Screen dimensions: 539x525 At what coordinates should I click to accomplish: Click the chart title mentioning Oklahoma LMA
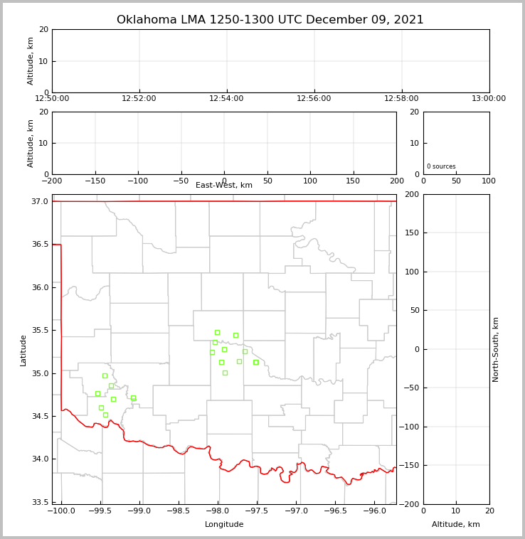pyautogui.click(x=270, y=20)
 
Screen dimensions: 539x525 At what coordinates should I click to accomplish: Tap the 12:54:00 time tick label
pyautogui.click(x=227, y=99)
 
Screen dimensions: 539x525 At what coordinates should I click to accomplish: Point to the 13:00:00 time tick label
pyautogui.click(x=489, y=99)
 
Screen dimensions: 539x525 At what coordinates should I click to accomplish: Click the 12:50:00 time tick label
pyautogui.click(x=52, y=99)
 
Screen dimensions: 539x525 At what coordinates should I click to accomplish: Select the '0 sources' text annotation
pyautogui.click(x=441, y=166)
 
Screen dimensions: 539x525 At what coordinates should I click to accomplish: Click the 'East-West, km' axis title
pyautogui.click(x=224, y=186)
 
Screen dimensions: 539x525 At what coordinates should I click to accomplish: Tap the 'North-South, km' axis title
pyautogui.click(x=496, y=349)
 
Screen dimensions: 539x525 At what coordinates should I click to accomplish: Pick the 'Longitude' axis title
pyautogui.click(x=224, y=525)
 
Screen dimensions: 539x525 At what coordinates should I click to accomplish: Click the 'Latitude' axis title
pyautogui.click(x=23, y=350)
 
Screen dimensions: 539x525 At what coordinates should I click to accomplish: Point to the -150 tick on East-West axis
pyautogui.click(x=95, y=181)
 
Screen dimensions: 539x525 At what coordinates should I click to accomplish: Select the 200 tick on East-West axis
pyautogui.click(x=396, y=181)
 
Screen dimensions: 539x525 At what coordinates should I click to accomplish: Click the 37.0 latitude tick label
pyautogui.click(x=40, y=202)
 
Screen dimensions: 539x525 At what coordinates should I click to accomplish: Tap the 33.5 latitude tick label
pyautogui.click(x=40, y=502)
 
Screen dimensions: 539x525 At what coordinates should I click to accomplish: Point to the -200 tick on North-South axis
pyautogui.click(x=411, y=504)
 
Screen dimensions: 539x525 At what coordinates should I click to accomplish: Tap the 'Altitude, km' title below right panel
pyautogui.click(x=456, y=525)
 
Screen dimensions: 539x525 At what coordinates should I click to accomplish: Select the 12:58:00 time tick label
pyautogui.click(x=401, y=99)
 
